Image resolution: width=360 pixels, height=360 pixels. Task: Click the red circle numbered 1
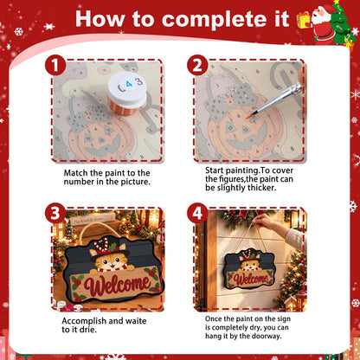(x=55, y=66)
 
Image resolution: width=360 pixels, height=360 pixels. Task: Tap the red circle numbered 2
(x=197, y=66)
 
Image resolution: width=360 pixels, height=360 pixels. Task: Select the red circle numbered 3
(x=55, y=214)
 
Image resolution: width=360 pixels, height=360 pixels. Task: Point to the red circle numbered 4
(x=197, y=214)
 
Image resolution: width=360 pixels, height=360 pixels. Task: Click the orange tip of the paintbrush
(x=250, y=117)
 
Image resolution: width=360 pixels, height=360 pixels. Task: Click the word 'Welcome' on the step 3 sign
(x=117, y=284)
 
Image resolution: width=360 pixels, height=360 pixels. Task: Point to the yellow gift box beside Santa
(x=304, y=20)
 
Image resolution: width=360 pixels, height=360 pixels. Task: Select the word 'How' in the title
(x=100, y=20)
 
